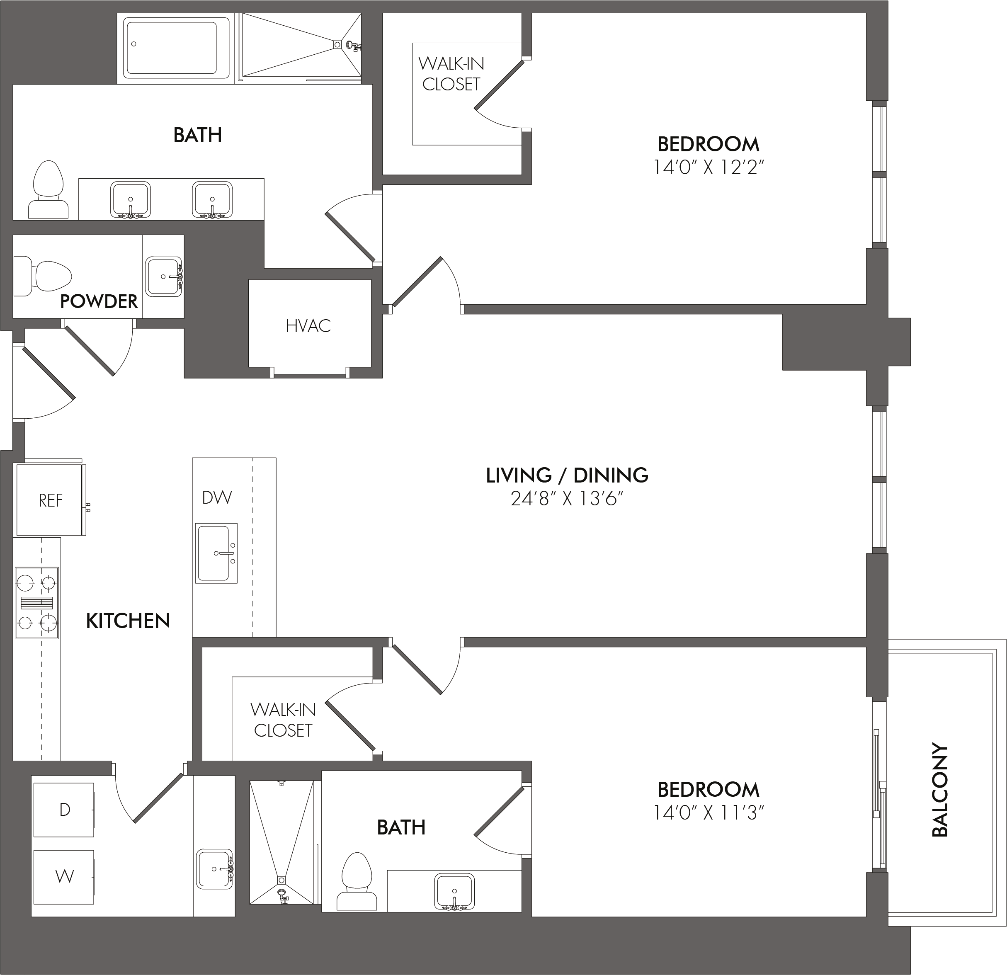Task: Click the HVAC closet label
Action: pos(308,326)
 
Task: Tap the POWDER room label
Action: pos(99,301)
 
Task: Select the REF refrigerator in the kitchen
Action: pos(50,500)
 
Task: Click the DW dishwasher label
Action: pos(217,497)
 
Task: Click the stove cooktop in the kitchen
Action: pos(36,603)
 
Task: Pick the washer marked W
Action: pos(64,877)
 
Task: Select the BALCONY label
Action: pos(940,790)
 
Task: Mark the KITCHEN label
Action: pos(128,621)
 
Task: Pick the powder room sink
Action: pos(164,277)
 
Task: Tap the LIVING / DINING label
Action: pos(567,475)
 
